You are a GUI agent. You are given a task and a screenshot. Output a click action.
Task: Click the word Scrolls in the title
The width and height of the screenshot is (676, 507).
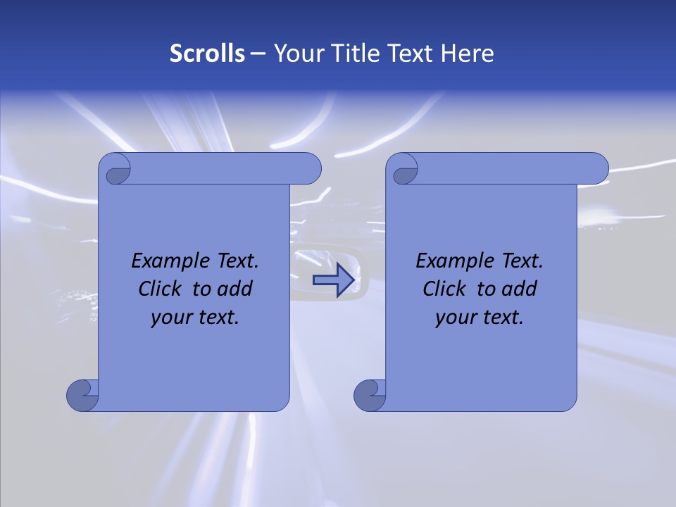click(208, 54)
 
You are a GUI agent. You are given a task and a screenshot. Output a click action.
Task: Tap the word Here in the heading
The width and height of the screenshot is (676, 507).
click(468, 54)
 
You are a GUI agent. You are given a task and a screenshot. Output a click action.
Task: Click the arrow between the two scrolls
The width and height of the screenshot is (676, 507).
click(333, 280)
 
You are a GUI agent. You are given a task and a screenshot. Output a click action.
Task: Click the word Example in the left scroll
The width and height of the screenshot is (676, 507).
click(168, 261)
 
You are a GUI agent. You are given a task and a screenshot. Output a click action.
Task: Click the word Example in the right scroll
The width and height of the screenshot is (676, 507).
click(453, 261)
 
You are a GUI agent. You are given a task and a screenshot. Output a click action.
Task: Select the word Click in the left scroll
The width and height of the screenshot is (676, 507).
click(160, 289)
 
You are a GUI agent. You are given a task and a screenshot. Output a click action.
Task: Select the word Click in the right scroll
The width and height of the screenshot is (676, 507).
click(444, 289)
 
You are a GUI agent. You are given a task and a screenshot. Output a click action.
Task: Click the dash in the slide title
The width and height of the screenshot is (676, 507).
click(258, 54)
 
